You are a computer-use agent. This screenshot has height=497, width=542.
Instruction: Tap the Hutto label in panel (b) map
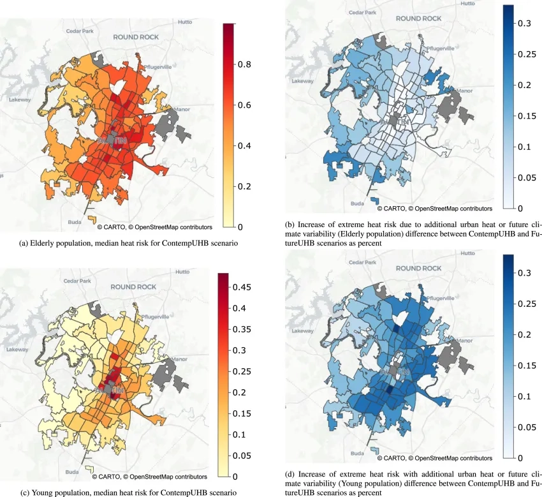(x=468, y=3)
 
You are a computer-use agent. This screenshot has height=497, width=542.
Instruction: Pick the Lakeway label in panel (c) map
(x=17, y=350)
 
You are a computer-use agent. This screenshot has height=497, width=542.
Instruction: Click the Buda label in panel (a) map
(x=75, y=223)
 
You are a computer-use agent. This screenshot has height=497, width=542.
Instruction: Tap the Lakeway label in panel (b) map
(x=303, y=82)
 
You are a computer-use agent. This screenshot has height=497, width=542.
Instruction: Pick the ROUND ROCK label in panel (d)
(x=419, y=269)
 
